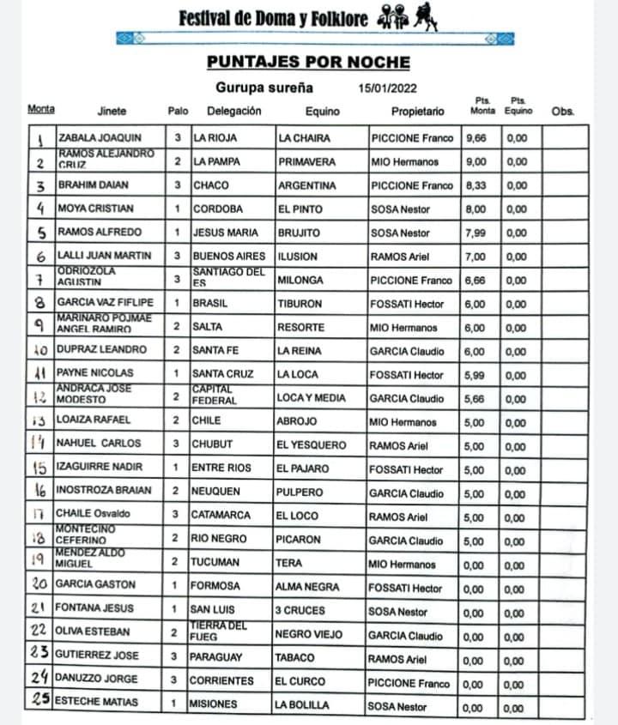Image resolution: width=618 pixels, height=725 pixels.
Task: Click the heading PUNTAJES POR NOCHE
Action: [x=308, y=62]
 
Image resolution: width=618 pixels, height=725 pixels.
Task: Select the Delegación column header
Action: [x=233, y=111]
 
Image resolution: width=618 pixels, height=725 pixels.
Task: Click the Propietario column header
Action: [x=417, y=111]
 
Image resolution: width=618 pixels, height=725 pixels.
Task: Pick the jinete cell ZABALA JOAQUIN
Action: [x=99, y=137]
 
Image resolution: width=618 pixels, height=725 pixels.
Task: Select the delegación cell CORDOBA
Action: [x=218, y=208]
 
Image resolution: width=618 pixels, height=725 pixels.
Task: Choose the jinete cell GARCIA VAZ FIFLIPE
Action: [x=105, y=303]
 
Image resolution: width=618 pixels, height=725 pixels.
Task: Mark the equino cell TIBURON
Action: [x=300, y=303]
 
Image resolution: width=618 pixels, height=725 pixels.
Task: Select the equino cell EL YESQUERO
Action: [x=311, y=445]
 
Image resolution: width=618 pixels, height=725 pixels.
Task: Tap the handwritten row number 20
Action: [x=39, y=583]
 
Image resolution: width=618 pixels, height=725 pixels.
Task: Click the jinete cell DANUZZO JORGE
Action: [x=96, y=680]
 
